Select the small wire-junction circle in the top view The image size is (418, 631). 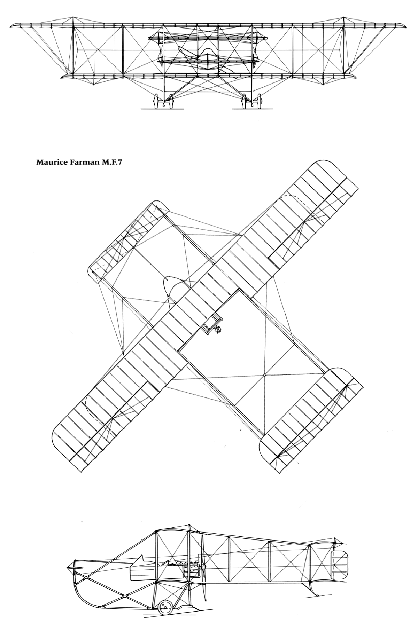(x=264, y=375)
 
